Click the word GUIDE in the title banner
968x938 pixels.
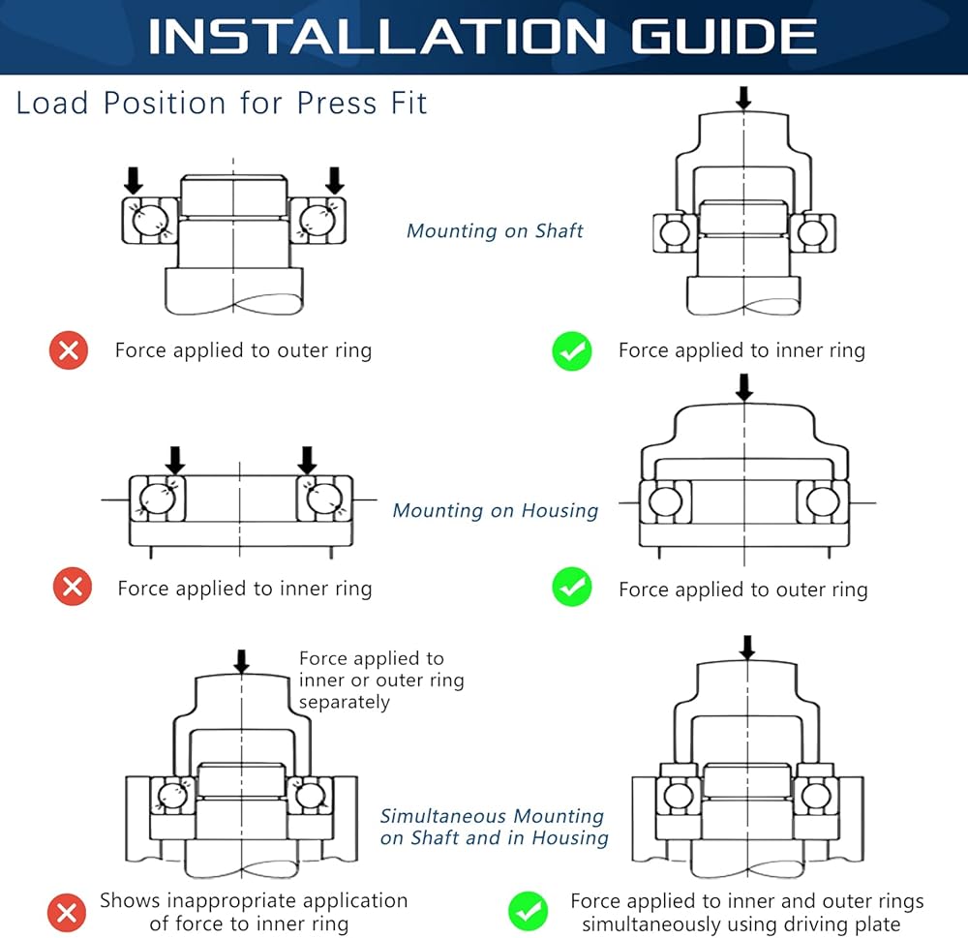point(723,37)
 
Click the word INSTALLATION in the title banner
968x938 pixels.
point(378,37)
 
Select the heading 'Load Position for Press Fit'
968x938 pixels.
point(221,104)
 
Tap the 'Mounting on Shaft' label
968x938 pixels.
point(495,231)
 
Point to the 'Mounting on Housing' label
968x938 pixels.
point(496,511)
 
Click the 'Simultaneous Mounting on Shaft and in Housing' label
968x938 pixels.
point(494,827)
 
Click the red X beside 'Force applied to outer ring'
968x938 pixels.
point(69,350)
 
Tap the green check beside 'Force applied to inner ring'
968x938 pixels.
point(572,350)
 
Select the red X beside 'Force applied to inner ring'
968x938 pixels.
point(73,586)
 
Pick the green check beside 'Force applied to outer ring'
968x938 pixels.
point(572,587)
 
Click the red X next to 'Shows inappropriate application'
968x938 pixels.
point(66,912)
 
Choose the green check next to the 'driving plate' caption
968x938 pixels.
point(528,912)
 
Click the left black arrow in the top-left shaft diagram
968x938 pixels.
point(134,180)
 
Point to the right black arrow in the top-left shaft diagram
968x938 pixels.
point(335,180)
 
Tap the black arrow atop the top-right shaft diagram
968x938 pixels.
point(743,98)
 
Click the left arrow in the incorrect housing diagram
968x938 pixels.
point(175,460)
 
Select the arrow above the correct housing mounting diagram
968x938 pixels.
point(744,387)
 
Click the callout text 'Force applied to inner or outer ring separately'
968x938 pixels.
point(380,680)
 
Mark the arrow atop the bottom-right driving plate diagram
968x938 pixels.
point(747,648)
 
